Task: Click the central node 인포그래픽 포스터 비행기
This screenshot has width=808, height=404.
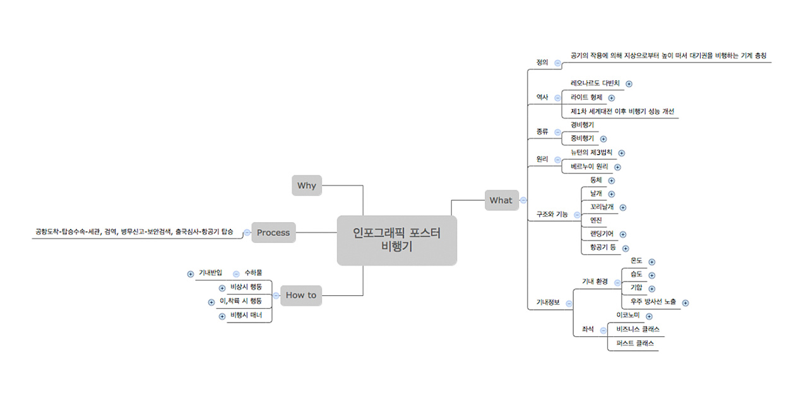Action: (396, 240)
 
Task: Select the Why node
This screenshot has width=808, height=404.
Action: (307, 186)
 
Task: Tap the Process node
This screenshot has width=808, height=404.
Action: (273, 232)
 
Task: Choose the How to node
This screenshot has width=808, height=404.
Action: (301, 295)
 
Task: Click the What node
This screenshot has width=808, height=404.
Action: (501, 200)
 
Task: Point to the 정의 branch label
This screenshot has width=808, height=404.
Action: (542, 62)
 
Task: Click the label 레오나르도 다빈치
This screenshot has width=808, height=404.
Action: (595, 83)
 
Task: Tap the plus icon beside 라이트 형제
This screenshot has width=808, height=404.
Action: (612, 98)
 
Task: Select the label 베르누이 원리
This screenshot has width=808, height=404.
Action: (589, 167)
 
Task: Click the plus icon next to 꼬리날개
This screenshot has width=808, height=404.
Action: (623, 207)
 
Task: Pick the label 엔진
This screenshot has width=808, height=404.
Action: (596, 220)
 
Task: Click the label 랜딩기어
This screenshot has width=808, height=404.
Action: (601, 234)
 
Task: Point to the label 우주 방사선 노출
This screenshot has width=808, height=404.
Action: (653, 302)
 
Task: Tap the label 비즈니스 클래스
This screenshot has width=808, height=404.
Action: (639, 330)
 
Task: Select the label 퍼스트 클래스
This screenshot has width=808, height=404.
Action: (635, 344)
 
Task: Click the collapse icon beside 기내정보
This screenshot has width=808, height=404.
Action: (569, 303)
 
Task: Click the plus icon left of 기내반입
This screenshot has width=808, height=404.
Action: (191, 274)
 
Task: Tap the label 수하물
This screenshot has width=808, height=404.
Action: (253, 273)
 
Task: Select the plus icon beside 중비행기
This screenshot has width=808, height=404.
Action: (603, 139)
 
